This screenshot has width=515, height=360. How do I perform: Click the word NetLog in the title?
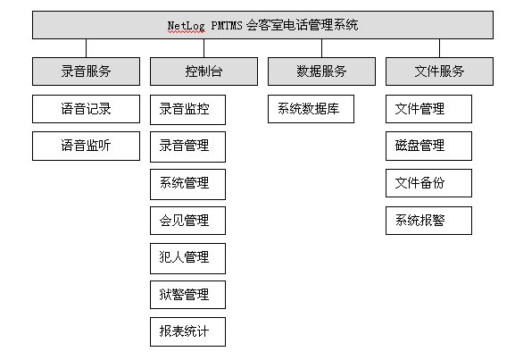pyautogui.click(x=187, y=26)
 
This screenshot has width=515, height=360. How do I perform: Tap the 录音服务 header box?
pyautogui.click(x=86, y=71)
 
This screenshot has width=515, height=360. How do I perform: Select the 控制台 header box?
pyautogui.click(x=204, y=71)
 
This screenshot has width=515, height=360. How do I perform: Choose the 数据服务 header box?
pyautogui.click(x=321, y=71)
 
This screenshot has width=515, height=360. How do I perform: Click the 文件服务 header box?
pyautogui.click(x=439, y=71)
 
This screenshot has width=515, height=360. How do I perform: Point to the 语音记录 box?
pyautogui.click(x=86, y=109)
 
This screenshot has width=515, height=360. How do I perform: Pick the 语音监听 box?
pyautogui.click(x=86, y=146)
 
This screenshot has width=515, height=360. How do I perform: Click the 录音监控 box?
pyautogui.click(x=187, y=110)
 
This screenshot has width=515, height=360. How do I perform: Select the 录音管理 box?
pyautogui.click(x=187, y=147)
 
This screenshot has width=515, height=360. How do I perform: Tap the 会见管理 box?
pyautogui.click(x=187, y=221)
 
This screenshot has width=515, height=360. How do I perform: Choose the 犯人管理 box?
pyautogui.click(x=187, y=258)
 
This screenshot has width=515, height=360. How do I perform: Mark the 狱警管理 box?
pyautogui.click(x=187, y=295)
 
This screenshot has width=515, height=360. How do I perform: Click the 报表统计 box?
pyautogui.click(x=187, y=331)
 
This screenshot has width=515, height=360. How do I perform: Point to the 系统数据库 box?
pyautogui.click(x=311, y=109)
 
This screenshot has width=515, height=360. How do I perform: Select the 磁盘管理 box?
pyautogui.click(x=429, y=146)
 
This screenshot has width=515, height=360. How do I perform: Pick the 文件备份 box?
pyautogui.click(x=429, y=183)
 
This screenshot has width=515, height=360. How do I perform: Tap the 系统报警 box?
pyautogui.click(x=429, y=221)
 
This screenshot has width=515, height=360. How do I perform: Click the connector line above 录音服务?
pyautogui.click(x=86, y=48)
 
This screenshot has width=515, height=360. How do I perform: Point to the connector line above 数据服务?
pyautogui.click(x=322, y=48)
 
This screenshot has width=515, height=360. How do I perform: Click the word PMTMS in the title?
pyautogui.click(x=227, y=25)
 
